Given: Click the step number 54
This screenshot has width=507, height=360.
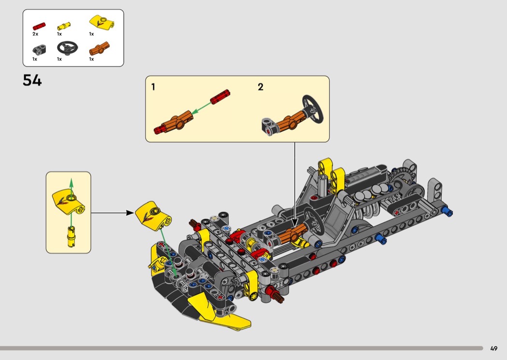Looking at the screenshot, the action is [x=32, y=80].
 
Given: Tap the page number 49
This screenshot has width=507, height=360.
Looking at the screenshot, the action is [x=494, y=348].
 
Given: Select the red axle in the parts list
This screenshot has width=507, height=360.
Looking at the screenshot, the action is [x=39, y=26].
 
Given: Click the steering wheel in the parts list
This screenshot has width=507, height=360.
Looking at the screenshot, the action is [x=68, y=48].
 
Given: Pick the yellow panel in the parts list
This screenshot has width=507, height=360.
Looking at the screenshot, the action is [x=102, y=23].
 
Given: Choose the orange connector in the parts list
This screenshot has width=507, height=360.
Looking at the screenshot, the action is [x=99, y=49].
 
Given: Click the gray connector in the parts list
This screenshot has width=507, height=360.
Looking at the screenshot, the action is [x=39, y=49].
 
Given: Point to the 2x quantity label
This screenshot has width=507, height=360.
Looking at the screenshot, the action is [x=35, y=34].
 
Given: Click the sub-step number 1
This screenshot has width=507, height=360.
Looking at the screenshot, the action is [x=153, y=87].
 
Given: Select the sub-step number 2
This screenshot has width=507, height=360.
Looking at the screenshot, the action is [x=261, y=87].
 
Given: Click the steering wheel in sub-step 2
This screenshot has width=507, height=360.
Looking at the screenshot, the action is [x=313, y=109].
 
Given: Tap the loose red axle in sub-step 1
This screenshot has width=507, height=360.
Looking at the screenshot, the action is [x=220, y=97].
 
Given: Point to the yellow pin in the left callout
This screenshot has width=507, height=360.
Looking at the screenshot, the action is [x=71, y=237].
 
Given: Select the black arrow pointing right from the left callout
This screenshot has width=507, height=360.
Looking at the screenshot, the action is [x=112, y=213].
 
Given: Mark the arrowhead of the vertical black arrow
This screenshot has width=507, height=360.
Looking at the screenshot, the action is [x=295, y=222].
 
